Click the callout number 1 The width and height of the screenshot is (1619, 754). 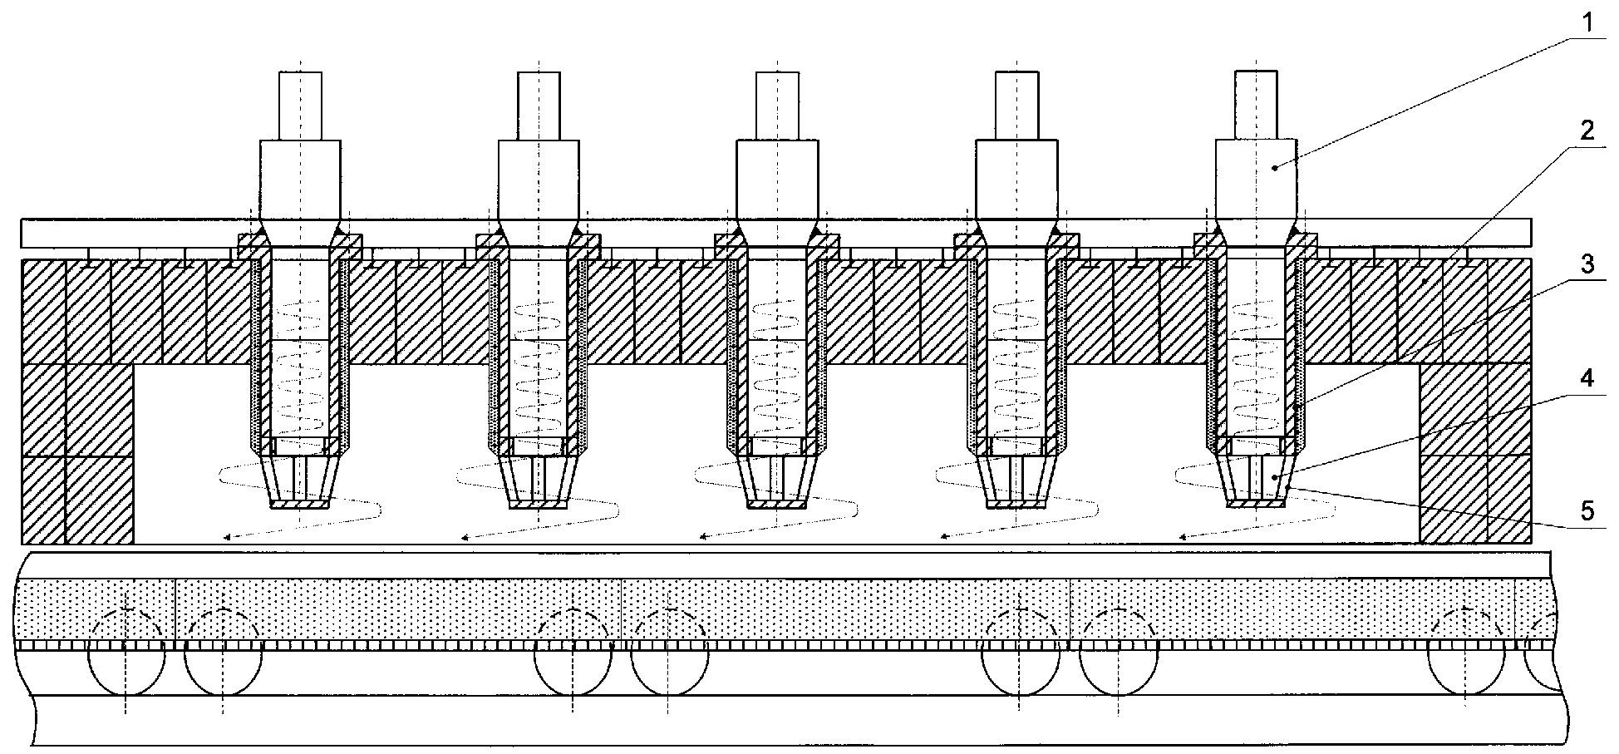click(1587, 22)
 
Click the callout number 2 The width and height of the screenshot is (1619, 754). click(1587, 131)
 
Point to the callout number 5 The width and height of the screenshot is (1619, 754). click(1587, 510)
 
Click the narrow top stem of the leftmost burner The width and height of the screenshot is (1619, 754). click(300, 106)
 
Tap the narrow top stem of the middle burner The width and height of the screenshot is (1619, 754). click(777, 106)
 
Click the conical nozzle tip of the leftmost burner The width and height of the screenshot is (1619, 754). click(300, 481)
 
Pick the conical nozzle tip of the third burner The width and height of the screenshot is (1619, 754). click(777, 481)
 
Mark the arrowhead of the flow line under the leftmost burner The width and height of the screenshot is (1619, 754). click(228, 538)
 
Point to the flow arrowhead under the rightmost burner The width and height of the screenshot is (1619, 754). click(1184, 537)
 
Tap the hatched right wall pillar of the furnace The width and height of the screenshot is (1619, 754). click(1475, 454)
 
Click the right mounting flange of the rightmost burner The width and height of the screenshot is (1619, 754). click(1302, 244)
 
